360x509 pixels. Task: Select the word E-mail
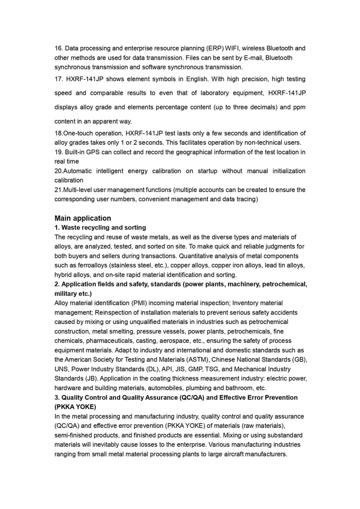point(250,58)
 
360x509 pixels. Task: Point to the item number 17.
point(58,79)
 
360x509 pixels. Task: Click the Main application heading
point(83,218)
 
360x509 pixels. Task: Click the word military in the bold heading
point(66,294)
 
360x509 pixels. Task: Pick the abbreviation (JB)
point(90,378)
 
